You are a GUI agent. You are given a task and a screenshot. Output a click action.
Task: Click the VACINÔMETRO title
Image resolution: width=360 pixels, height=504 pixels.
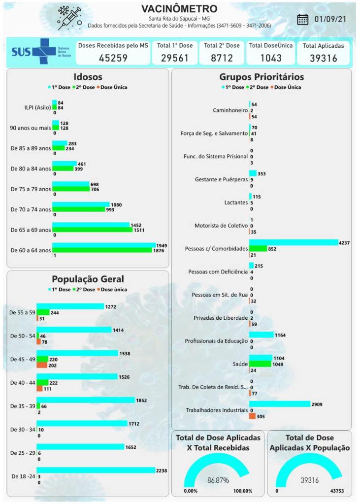coord(179,9)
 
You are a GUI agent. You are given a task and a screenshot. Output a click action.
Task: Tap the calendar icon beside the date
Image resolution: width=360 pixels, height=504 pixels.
coord(303,19)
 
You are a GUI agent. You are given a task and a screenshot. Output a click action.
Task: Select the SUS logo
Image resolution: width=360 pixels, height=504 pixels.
coord(33,52)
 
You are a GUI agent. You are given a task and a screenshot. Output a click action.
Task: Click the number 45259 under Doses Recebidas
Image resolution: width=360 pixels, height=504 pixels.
coord(113,58)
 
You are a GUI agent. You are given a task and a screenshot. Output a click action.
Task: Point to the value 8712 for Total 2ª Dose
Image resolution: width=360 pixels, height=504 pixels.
coord(222,58)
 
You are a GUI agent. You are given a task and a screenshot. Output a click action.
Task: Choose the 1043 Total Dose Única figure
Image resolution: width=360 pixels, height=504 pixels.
coord(271,58)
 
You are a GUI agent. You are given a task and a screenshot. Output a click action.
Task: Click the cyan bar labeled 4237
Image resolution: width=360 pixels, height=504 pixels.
coord(294,242)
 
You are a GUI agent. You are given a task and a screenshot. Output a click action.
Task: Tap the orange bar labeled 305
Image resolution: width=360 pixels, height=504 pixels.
coord(252,416)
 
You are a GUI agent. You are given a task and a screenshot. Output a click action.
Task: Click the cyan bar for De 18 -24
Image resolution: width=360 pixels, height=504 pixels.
coord(96,470)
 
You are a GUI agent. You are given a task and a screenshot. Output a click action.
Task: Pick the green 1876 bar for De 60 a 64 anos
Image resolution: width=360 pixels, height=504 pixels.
coord(102,250)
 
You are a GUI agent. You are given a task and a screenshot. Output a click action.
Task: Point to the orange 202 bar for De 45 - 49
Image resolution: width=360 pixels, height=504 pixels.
coord(41,365)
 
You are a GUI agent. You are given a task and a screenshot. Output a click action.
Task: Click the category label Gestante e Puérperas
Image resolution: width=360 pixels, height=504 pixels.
coord(221,179)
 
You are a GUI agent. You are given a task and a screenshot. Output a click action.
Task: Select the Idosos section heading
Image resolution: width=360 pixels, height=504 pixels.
coord(88,77)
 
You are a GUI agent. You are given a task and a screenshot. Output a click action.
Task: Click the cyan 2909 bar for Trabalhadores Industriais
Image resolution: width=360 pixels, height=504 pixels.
coord(280,404)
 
